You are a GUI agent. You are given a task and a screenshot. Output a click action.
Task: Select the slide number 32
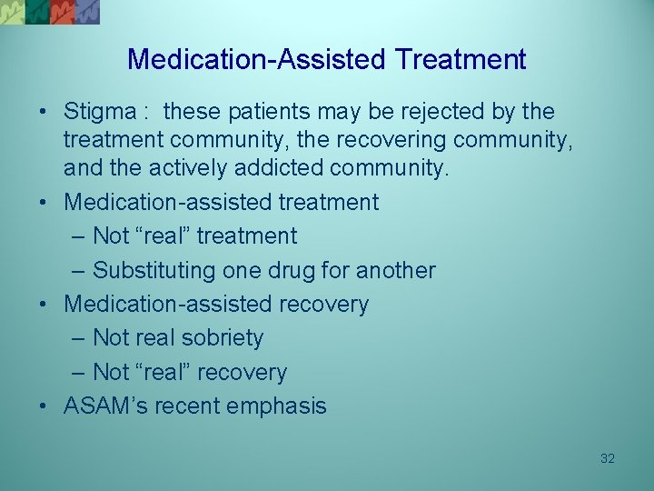[608, 458]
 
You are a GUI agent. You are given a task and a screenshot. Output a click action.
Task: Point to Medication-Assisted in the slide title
[258, 60]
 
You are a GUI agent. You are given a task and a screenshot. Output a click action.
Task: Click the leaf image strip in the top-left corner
[50, 12]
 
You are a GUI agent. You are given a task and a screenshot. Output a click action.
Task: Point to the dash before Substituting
[76, 271]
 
